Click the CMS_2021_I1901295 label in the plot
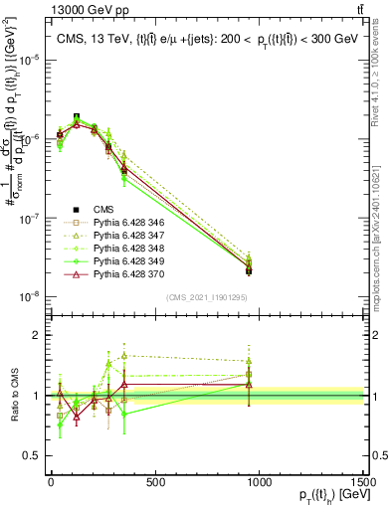click(203, 297)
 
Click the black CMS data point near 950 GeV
click(249, 270)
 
